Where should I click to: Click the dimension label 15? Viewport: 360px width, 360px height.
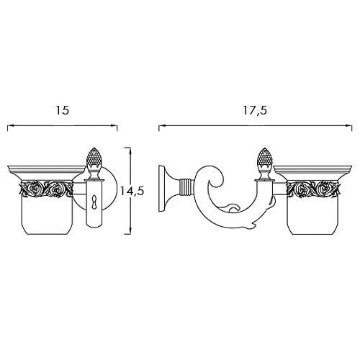(63, 110)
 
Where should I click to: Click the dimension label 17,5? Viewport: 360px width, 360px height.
(255, 110)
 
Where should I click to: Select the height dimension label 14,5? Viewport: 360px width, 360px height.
(132, 192)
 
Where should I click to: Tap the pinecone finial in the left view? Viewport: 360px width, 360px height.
(93, 158)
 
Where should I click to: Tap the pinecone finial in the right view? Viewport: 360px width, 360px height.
(264, 158)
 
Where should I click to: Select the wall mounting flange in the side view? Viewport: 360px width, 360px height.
(165, 189)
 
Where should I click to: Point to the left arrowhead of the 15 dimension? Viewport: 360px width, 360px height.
(10, 125)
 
